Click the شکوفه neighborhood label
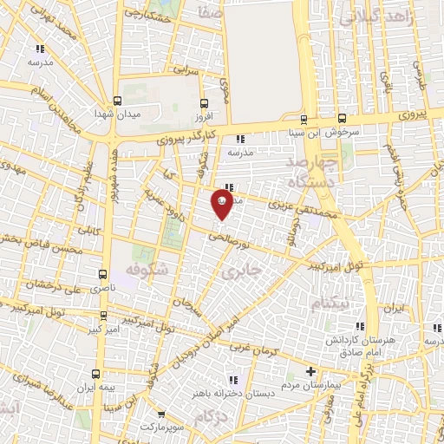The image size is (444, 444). coord(145,270)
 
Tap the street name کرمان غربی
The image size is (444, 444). coord(253,347)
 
